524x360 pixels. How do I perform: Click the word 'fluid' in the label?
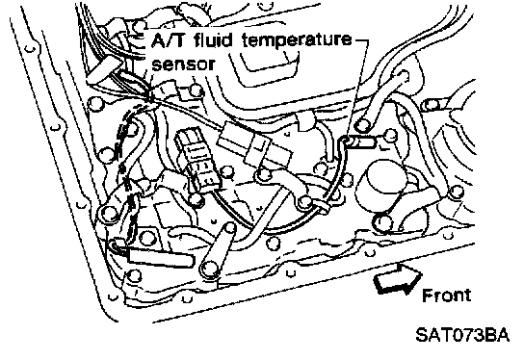[x=213, y=39]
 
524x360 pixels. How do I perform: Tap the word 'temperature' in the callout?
[x=297, y=40]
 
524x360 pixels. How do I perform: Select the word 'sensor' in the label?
[x=183, y=64]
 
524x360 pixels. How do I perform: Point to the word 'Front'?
[x=447, y=296]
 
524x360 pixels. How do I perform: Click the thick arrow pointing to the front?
[x=398, y=279]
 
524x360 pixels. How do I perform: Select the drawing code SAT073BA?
[x=462, y=335]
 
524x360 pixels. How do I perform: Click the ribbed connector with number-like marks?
[x=197, y=159]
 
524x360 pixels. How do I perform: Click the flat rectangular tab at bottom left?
[x=160, y=257]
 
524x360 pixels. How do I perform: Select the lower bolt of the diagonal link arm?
[x=210, y=269]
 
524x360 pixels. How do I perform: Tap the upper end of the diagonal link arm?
[x=230, y=228]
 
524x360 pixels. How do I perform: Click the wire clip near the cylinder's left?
[x=324, y=206]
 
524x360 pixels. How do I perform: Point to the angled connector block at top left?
[x=101, y=67]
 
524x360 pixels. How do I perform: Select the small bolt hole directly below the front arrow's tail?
[x=370, y=253]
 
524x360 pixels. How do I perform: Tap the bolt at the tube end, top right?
[x=404, y=75]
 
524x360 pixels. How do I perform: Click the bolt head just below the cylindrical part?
[x=383, y=222]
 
